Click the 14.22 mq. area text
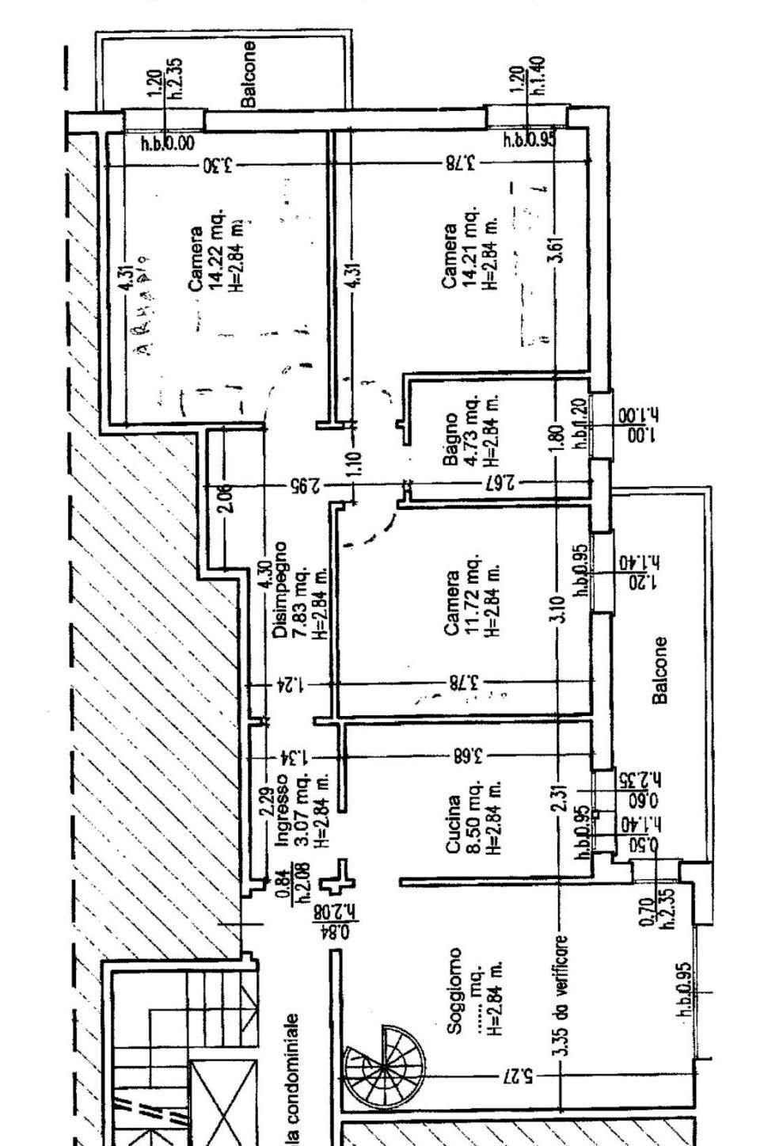point(215,253)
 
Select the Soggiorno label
point(454,990)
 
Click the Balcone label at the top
point(249,74)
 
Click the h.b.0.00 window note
point(167,143)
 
